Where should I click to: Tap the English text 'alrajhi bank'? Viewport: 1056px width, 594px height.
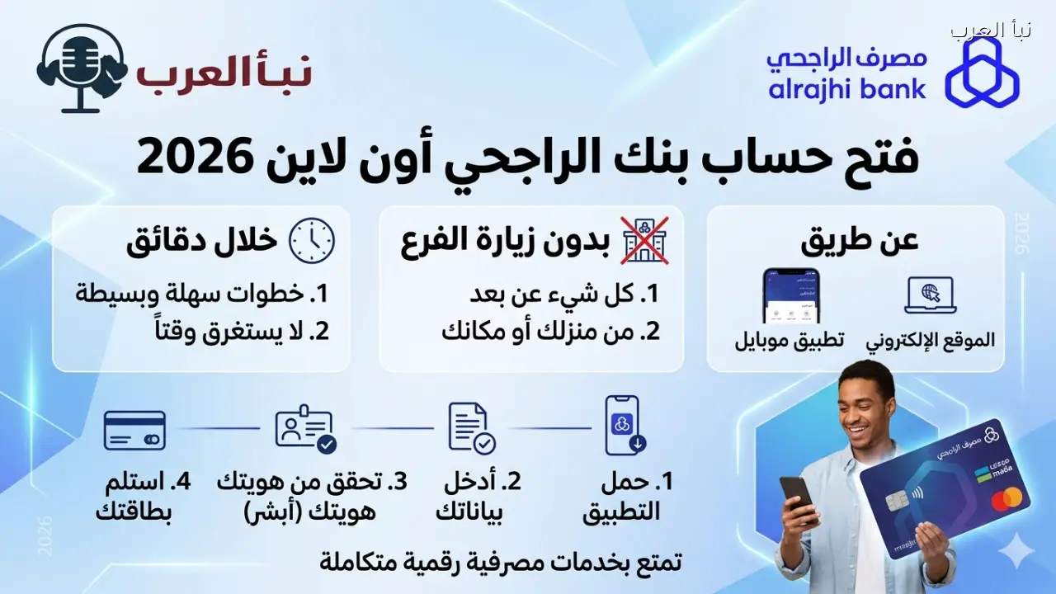click(x=847, y=88)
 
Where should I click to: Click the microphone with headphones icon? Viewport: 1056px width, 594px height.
click(x=81, y=68)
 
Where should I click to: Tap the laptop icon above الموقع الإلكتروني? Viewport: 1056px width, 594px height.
click(x=930, y=295)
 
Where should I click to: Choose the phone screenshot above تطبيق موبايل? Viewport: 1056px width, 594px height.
click(x=790, y=295)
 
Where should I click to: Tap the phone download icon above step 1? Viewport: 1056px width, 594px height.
click(x=625, y=426)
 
